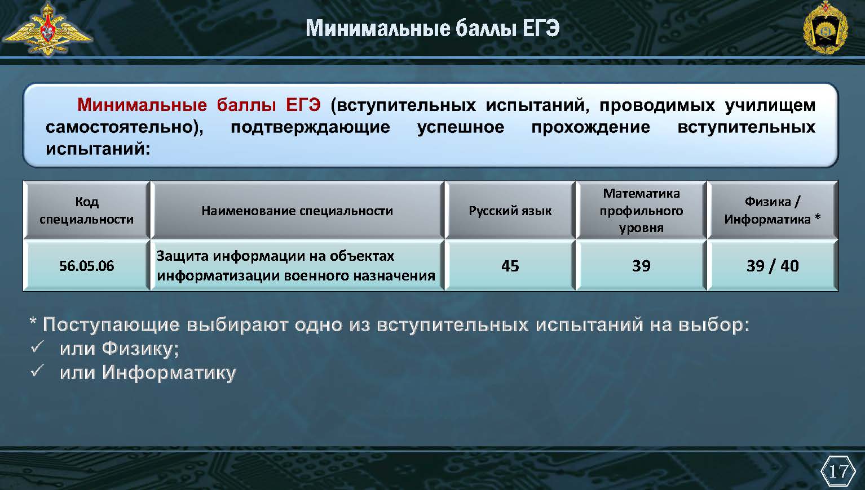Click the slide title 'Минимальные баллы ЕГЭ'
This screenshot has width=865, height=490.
point(432,29)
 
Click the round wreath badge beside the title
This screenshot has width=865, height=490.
point(825,28)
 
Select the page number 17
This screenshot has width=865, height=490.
point(837,471)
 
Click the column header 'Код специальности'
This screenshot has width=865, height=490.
point(86,210)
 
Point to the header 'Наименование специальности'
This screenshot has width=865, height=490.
point(297,211)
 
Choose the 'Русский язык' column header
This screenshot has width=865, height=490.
point(510,211)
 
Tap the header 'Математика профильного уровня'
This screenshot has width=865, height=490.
point(641,210)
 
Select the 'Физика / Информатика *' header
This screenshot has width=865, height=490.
point(773,210)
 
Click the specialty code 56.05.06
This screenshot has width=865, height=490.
point(86,266)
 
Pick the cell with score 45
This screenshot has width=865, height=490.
point(510,266)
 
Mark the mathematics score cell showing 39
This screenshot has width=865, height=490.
point(641,266)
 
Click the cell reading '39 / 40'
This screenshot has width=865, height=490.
point(773,266)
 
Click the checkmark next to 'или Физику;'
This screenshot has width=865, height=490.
point(37,347)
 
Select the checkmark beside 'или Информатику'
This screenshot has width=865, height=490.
point(37,371)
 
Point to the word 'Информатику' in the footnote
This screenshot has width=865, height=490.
point(169,373)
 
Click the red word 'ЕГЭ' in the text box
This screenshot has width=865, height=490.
point(303,105)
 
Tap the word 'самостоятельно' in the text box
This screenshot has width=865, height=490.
point(120,127)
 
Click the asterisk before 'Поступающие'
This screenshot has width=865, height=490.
point(33,322)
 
